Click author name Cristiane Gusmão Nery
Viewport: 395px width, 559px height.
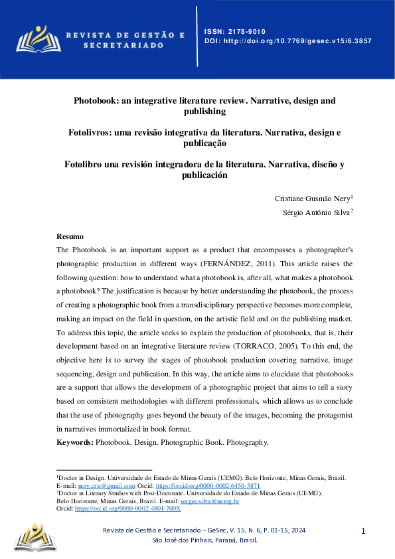point(312,199)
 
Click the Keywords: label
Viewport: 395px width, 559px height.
point(75,441)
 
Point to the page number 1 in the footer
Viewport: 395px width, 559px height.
point(363,531)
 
